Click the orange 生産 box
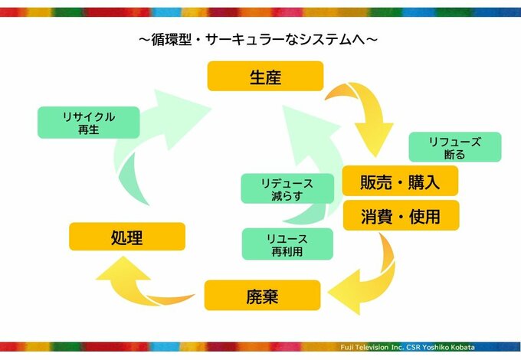point(265,77)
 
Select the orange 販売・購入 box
point(400,182)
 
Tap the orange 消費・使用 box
point(400,216)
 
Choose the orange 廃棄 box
point(262,295)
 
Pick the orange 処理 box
point(127,237)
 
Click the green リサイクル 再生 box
point(89,123)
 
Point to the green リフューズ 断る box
point(455,147)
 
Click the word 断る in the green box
point(455,154)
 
